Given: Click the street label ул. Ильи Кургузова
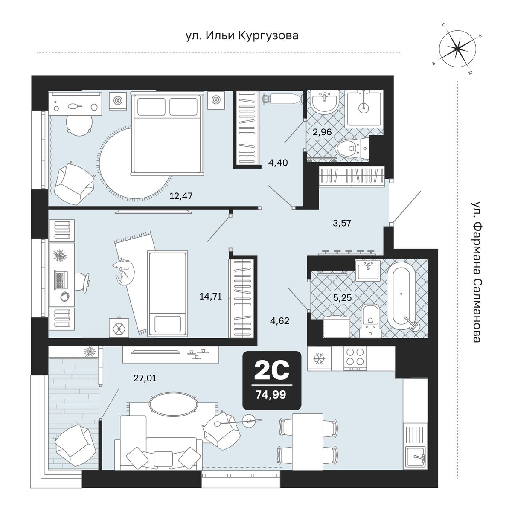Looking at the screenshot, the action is pyautogui.click(x=242, y=35).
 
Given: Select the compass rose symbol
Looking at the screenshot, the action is pyautogui.click(x=457, y=48).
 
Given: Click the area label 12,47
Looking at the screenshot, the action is pyautogui.click(x=181, y=196).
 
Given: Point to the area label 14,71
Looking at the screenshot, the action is pyautogui.click(x=210, y=296).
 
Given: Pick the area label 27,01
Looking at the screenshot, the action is pyautogui.click(x=145, y=378).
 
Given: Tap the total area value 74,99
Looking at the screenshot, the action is pyautogui.click(x=271, y=395).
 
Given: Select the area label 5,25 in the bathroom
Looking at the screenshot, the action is pyautogui.click(x=343, y=297).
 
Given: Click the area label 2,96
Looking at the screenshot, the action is pyautogui.click(x=322, y=132).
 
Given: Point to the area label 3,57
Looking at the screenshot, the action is pyautogui.click(x=342, y=223).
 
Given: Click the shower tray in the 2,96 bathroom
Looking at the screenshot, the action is pyautogui.click(x=364, y=108).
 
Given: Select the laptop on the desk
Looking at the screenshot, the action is pyautogui.click(x=61, y=279).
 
